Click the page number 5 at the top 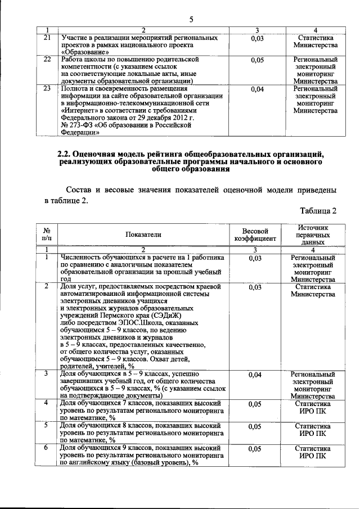tap(191, 20)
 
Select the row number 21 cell tap(48, 38)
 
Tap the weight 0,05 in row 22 tap(257, 60)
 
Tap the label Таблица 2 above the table tap(318, 211)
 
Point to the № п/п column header tap(48, 235)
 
